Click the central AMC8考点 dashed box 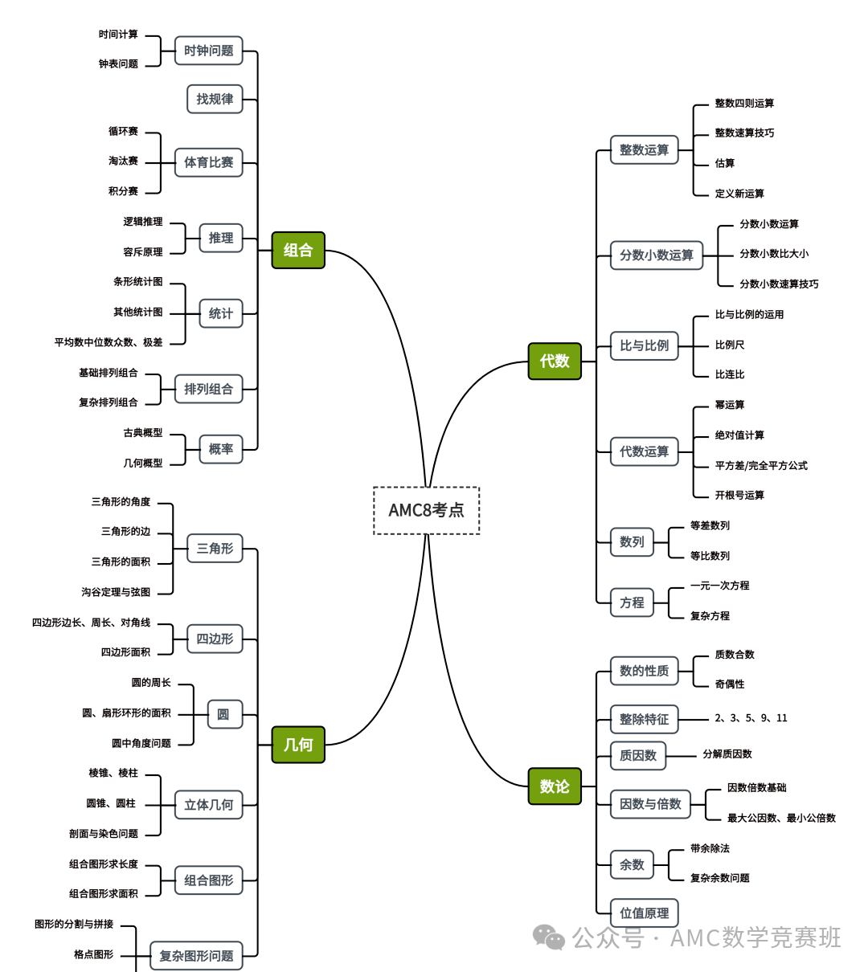coord(426,510)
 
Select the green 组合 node coord(297,250)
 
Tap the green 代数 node coord(555,361)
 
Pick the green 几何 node coord(297,745)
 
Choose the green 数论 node coord(555,786)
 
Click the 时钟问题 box coord(208,51)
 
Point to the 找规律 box coord(215,99)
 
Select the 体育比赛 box coord(208,162)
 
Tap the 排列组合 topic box coord(208,389)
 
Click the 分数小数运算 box coord(656,255)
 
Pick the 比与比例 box coord(644,345)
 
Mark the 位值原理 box coord(644,913)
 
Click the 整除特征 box coord(644,719)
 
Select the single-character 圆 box coord(224,714)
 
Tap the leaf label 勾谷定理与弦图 coord(116,592)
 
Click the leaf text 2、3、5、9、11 coord(751,718)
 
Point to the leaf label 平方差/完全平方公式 coord(761,465)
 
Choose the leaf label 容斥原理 coord(143,252)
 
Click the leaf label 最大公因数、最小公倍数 coord(781,818)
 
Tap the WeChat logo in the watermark coord(550,937)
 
